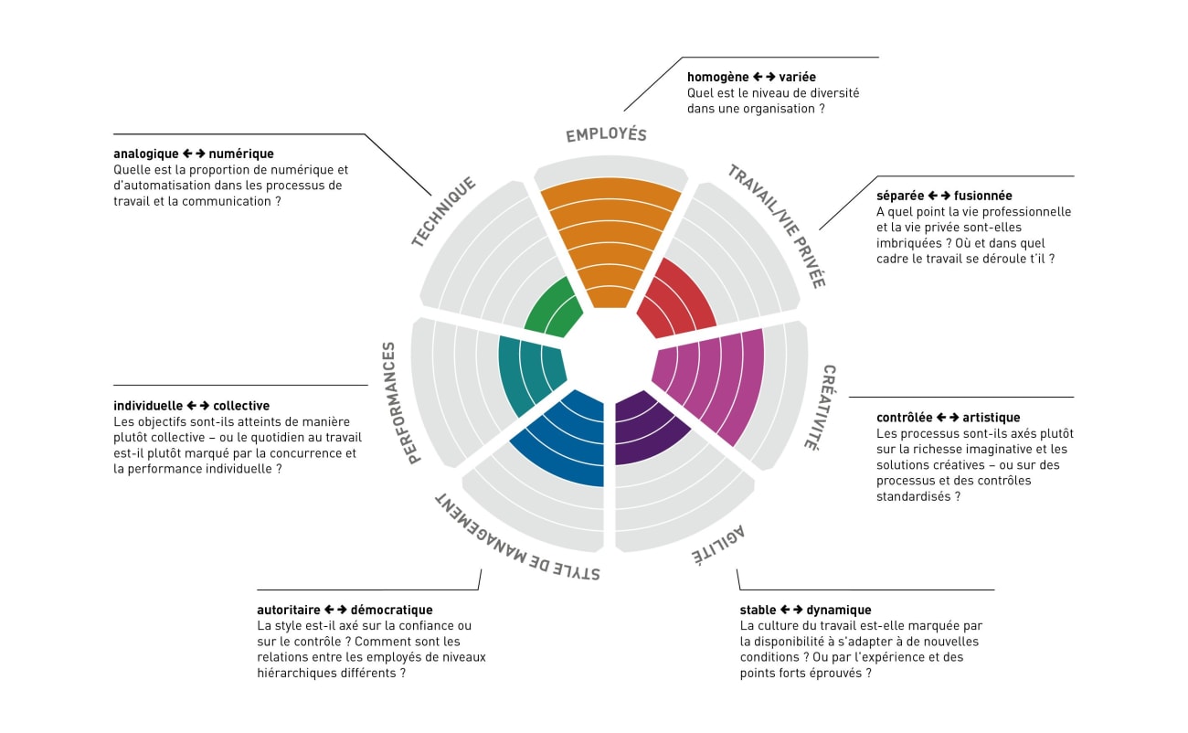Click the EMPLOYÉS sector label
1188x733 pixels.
(x=606, y=134)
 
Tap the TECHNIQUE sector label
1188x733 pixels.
(x=443, y=212)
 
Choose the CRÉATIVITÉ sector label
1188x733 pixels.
(x=822, y=407)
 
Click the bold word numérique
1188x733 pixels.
(x=248, y=154)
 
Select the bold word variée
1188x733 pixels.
(x=798, y=77)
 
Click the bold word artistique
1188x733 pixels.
(x=990, y=418)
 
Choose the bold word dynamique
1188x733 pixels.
(x=839, y=610)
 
